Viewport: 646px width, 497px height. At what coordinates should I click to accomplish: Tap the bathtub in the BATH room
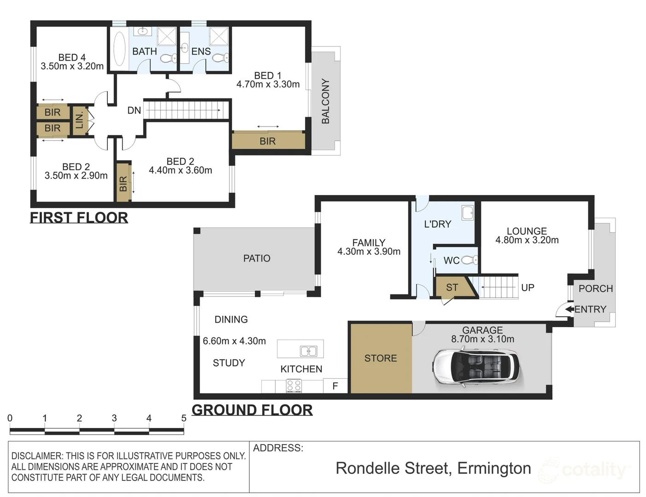pos(119,48)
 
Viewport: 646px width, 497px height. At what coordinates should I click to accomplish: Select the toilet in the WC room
pos(470,260)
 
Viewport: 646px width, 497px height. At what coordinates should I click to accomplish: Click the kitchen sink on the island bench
pos(308,351)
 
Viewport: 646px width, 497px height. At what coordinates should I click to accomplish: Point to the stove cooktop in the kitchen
pos(294,386)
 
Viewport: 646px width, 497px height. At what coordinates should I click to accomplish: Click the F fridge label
pos(335,386)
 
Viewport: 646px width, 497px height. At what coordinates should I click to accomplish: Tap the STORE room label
pos(381,358)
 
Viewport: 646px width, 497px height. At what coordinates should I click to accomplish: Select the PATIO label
pos(257,258)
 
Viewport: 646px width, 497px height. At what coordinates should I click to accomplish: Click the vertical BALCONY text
pos(326,101)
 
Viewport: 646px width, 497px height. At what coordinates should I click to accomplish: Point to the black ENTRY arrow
pos(570,309)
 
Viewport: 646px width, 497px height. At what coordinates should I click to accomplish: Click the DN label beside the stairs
pos(134,110)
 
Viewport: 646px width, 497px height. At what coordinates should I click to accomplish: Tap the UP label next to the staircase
pos(528,288)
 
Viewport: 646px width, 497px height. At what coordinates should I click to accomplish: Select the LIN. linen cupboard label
pos(79,121)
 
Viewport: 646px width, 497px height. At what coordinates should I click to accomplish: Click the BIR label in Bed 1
pos(268,141)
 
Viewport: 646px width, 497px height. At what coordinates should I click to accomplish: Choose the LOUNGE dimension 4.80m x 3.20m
pos(527,240)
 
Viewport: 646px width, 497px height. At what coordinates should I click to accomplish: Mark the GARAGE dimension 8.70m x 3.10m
pos(482,339)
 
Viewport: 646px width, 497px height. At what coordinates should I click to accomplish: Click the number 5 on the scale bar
pos(184,418)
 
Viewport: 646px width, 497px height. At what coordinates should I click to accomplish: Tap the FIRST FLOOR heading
pos(79,218)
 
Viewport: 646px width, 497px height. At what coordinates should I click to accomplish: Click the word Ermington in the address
pos(494,468)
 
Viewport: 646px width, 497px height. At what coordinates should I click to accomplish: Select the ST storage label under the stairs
pos(452,288)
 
